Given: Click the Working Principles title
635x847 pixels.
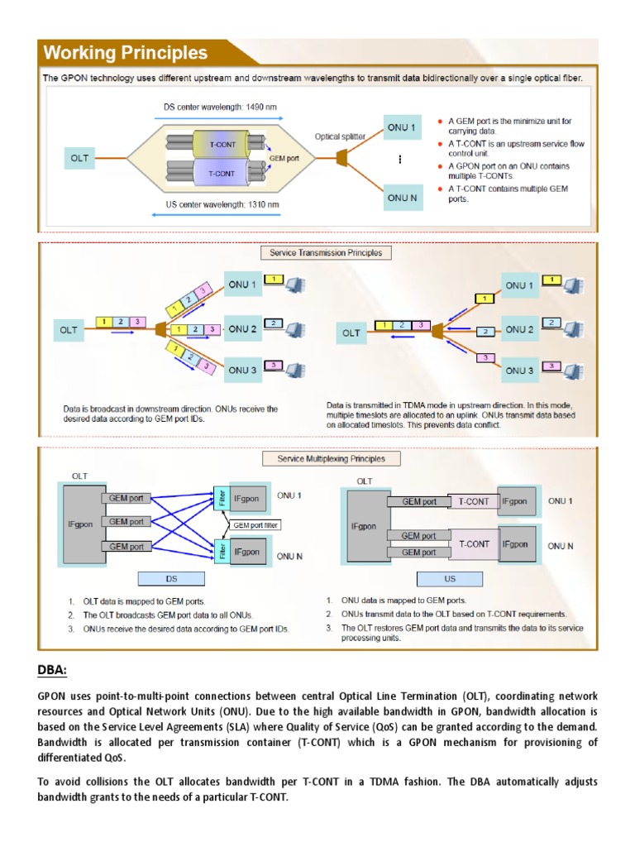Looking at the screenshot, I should pyautogui.click(x=126, y=54).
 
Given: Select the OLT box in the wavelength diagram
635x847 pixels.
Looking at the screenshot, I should pyautogui.click(x=80, y=157).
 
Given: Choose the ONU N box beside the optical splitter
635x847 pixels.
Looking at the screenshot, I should pyautogui.click(x=401, y=198).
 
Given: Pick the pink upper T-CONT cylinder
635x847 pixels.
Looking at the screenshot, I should pyautogui.click(x=221, y=145).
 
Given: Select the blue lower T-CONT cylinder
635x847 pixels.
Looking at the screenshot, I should pyautogui.click(x=221, y=174).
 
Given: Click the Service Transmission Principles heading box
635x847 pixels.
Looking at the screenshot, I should pyautogui.click(x=326, y=252).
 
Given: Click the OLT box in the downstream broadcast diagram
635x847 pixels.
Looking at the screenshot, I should pyautogui.click(x=69, y=330).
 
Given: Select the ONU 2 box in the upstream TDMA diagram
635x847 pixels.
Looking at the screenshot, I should pyautogui.click(x=519, y=328).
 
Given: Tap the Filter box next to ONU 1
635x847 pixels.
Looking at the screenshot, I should pyautogui.click(x=220, y=500).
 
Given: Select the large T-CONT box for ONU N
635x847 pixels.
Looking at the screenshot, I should pyautogui.click(x=474, y=544).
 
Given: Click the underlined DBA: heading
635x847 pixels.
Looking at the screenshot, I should pyautogui.click(x=51, y=671).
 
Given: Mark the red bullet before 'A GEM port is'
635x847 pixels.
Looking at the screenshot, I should pyautogui.click(x=439, y=122).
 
